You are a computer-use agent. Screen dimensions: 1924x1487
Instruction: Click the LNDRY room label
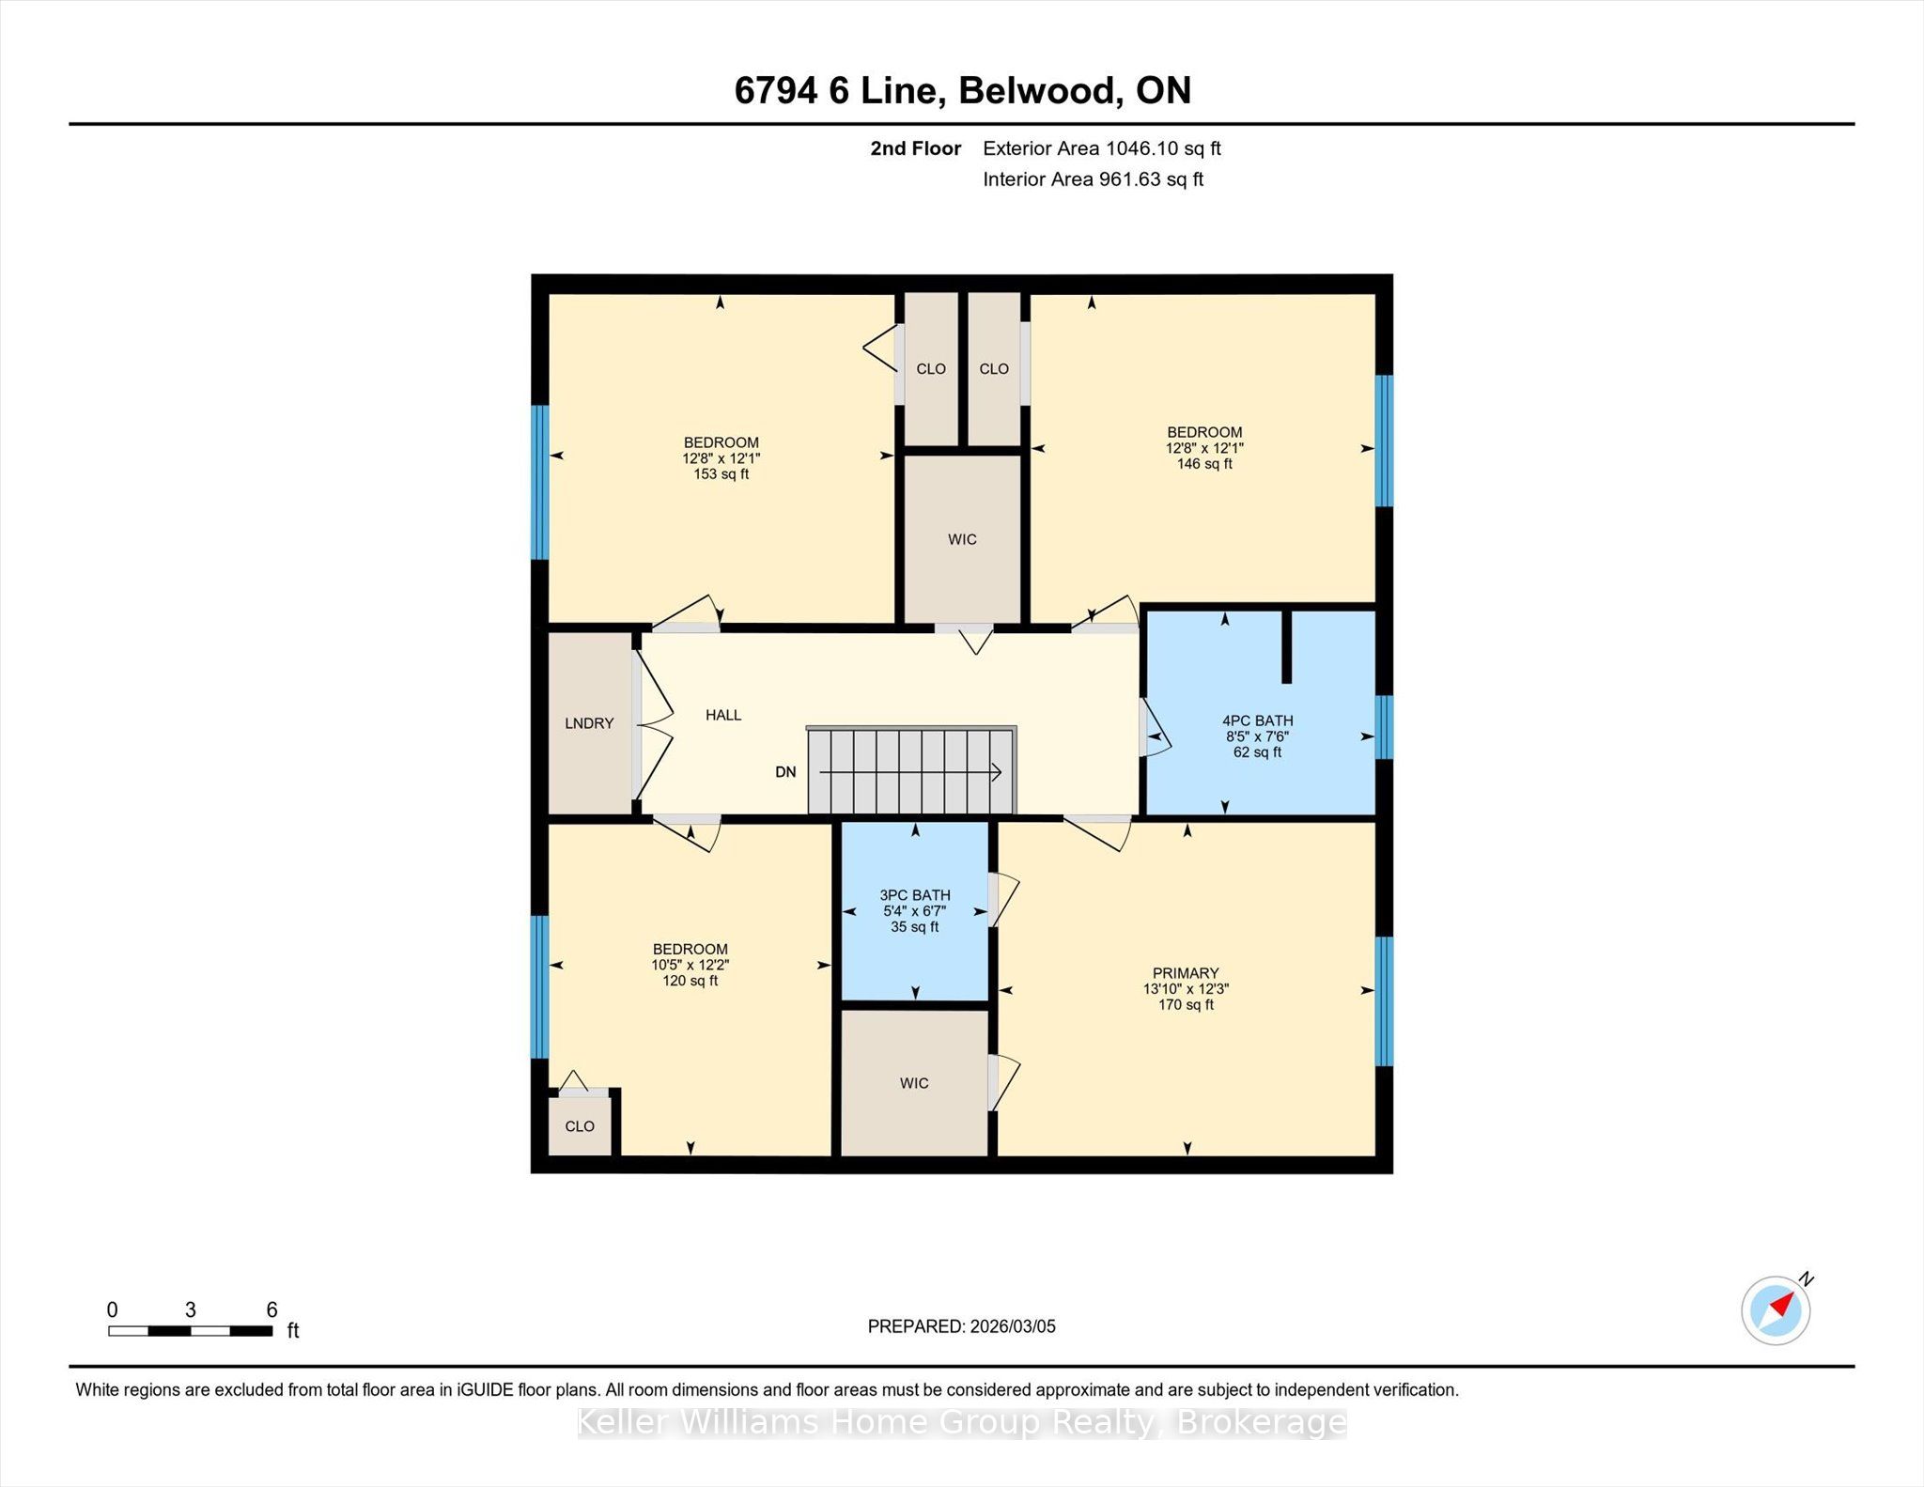[x=589, y=723]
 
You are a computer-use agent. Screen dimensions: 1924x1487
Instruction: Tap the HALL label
[x=723, y=715]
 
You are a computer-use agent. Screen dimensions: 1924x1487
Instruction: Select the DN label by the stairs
[x=785, y=772]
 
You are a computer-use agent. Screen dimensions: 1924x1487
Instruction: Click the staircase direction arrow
[x=910, y=772]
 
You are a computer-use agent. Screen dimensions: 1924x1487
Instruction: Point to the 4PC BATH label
[x=1257, y=721]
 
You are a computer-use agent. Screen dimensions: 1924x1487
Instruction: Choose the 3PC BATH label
[x=915, y=895]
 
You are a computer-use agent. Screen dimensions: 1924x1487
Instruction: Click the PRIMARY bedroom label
[x=1186, y=973]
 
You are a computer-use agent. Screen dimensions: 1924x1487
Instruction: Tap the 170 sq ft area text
[x=1186, y=1005]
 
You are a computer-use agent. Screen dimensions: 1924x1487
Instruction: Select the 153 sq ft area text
[x=721, y=474]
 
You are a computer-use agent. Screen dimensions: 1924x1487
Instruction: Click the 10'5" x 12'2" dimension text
[x=690, y=965]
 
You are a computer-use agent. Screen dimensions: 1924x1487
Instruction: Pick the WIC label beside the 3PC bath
[x=914, y=1083]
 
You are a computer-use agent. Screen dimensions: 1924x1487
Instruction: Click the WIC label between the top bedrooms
[x=962, y=539]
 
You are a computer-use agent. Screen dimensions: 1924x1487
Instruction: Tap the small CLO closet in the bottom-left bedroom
[x=580, y=1126]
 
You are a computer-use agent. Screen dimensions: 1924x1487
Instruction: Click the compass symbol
[x=1777, y=1309]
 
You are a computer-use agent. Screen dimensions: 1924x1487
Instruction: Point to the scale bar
[x=191, y=1331]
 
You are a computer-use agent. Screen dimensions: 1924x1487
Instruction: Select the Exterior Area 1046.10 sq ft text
[x=1102, y=148]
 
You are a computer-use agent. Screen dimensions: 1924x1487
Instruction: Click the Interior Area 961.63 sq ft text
[x=1094, y=179]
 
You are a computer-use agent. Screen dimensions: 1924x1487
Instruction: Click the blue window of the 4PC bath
[x=1384, y=727]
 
